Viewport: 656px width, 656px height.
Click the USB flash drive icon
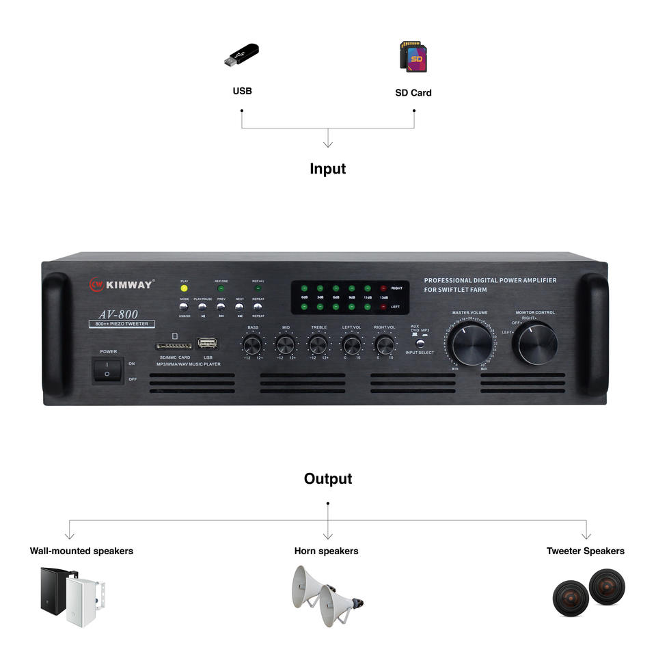pyautogui.click(x=242, y=56)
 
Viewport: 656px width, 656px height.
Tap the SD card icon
pyautogui.click(x=413, y=57)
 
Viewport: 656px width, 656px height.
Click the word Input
pyautogui.click(x=328, y=169)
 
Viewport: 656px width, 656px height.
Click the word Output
pyautogui.click(x=328, y=479)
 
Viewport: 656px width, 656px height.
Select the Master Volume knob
pyautogui.click(x=471, y=344)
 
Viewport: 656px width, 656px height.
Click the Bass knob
pyautogui.click(x=253, y=344)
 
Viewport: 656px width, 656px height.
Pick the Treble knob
pyautogui.click(x=318, y=344)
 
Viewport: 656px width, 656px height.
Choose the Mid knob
pyautogui.click(x=286, y=344)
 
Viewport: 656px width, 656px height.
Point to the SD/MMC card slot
pyautogui.click(x=174, y=346)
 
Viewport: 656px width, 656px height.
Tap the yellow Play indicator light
pyautogui.click(x=184, y=288)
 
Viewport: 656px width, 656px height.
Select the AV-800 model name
pyautogui.click(x=118, y=314)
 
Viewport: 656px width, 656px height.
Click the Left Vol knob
pyautogui.click(x=352, y=344)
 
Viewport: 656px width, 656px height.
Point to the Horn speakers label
pyautogui.click(x=326, y=551)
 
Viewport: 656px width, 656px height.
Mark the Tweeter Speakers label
pyautogui.click(x=585, y=551)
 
